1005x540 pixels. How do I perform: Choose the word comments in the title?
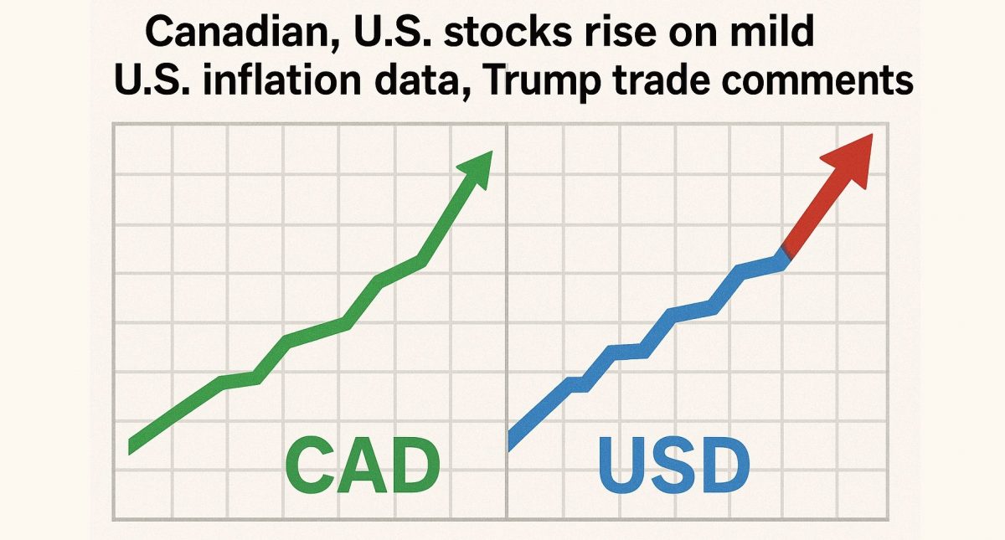click(833, 83)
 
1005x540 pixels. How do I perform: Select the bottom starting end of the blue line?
click(513, 440)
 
